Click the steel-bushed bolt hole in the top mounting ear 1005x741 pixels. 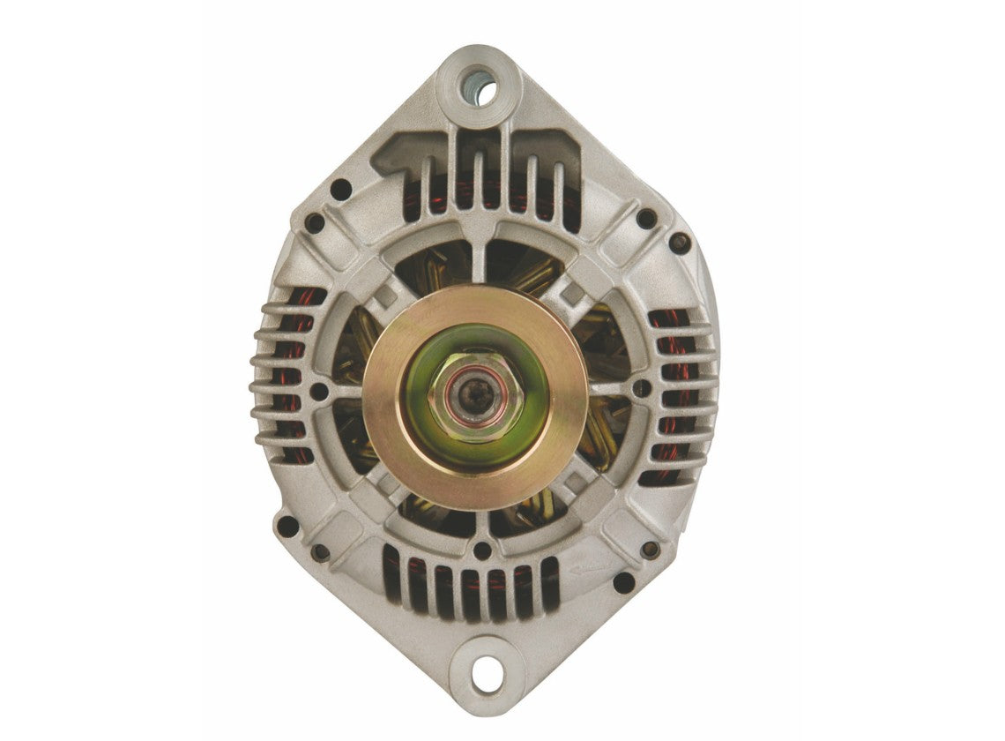480,88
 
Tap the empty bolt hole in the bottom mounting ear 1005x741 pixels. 483,675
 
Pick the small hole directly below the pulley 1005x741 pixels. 482,550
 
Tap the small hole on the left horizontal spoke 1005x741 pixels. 320,391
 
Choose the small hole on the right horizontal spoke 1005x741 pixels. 642,387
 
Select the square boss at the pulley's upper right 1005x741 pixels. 575,290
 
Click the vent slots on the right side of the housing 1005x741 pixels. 679,397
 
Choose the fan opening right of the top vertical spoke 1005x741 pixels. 525,263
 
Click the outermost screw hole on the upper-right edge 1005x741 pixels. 679,242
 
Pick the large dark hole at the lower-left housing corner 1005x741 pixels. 287,526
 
